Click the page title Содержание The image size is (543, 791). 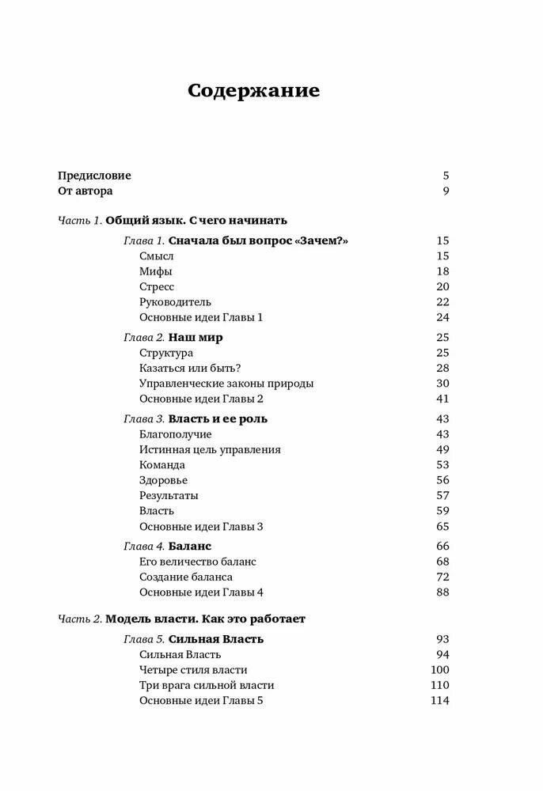(253, 90)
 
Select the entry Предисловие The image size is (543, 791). (94, 176)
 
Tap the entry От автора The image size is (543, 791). (85, 191)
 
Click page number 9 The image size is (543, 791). (446, 191)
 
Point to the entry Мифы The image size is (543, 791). (155, 271)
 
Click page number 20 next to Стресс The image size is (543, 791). (442, 286)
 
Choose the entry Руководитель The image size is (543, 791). (175, 301)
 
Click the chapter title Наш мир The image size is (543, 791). (196, 337)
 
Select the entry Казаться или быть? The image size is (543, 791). (189, 368)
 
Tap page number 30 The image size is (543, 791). (442, 383)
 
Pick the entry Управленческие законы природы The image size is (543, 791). (226, 383)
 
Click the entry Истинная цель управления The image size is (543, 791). (210, 449)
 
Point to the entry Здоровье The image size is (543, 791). (163, 480)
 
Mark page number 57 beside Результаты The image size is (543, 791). (442, 495)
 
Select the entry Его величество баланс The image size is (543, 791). (197, 562)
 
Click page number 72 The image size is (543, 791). (442, 577)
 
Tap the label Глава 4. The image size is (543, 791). (144, 546)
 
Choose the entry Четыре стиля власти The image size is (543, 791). (193, 669)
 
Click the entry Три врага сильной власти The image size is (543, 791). (206, 685)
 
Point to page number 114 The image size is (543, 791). (439, 700)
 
